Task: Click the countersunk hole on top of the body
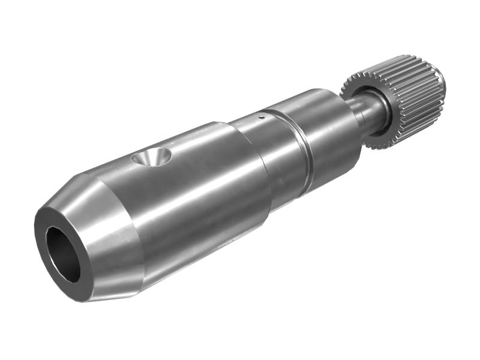point(151,158)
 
